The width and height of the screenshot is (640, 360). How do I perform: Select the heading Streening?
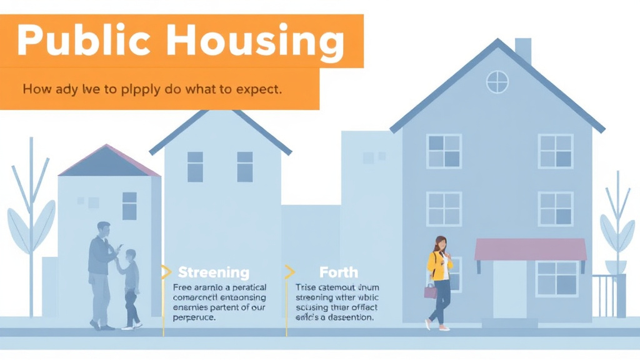[213, 272]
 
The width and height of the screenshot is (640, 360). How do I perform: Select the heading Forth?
[339, 272]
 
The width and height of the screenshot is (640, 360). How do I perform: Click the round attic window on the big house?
[497, 82]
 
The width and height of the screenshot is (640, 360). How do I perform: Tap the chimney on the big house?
[522, 50]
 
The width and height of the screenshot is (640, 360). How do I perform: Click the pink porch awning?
[530, 249]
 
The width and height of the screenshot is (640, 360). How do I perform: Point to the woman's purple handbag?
[430, 291]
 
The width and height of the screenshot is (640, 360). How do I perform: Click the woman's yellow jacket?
[439, 266]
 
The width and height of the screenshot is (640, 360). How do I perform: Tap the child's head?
[130, 255]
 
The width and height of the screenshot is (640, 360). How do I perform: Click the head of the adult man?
[104, 229]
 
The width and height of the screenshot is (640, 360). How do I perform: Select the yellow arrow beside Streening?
[166, 272]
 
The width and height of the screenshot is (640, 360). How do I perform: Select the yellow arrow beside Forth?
[289, 272]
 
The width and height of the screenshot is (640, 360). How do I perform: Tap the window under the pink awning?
[557, 279]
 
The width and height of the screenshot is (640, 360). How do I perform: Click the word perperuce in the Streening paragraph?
[194, 317]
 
